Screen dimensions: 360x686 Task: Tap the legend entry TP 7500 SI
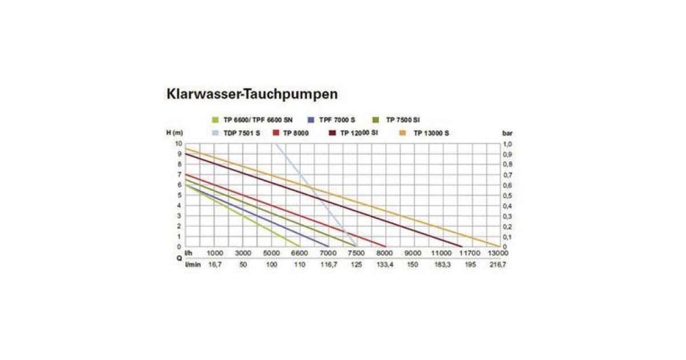coord(403,120)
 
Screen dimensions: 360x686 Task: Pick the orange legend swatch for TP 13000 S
coord(402,133)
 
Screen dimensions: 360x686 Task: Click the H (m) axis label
coord(174,133)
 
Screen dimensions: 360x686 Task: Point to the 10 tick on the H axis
coord(178,143)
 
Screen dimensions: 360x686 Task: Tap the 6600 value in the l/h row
coord(300,253)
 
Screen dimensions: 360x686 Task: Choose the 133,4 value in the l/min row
coord(384,265)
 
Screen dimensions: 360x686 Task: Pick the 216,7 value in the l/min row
coord(497,265)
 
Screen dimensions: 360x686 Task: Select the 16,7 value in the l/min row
coord(214,265)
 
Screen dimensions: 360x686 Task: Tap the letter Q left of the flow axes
coord(179,258)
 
